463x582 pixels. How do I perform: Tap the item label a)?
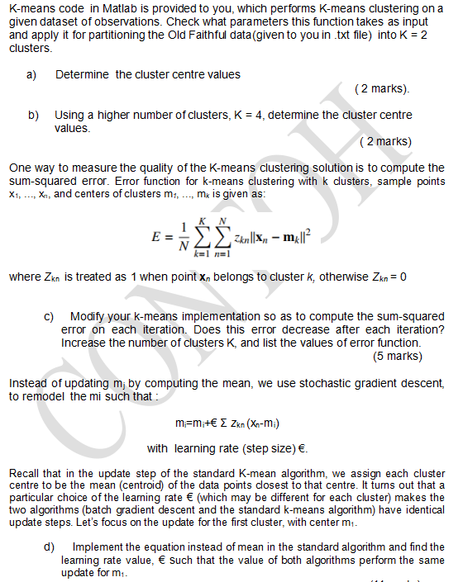31,74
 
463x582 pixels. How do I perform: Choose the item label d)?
50,547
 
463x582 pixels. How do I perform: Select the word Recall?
26,473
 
